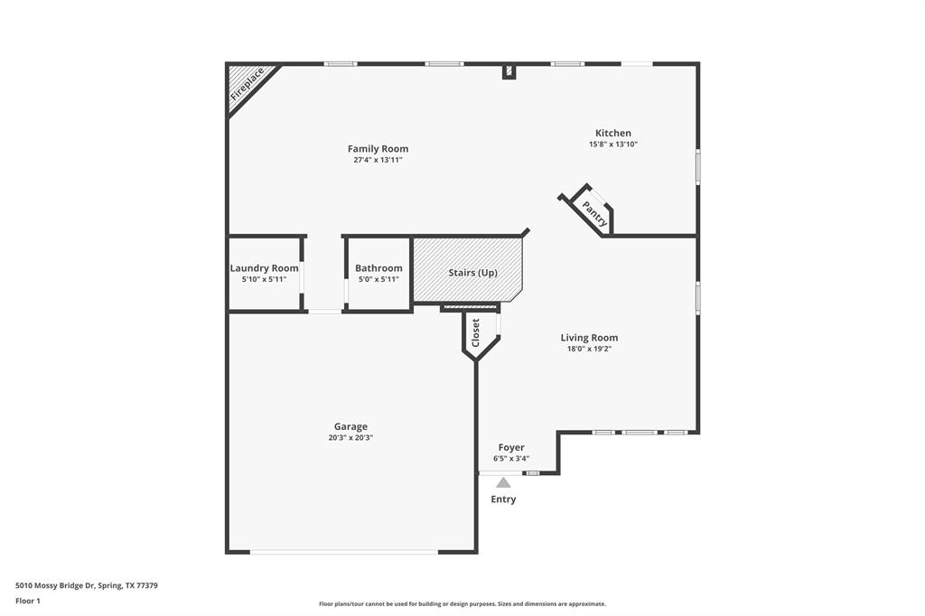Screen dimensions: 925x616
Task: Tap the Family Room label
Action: (378, 149)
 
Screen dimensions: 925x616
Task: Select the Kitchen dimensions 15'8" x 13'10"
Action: (613, 144)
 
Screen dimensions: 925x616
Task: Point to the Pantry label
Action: (594, 214)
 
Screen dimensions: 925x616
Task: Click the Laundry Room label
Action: (265, 268)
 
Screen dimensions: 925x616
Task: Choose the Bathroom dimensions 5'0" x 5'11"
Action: (378, 279)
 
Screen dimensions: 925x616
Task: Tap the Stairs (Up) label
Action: (473, 273)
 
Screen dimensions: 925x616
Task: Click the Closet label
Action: (475, 332)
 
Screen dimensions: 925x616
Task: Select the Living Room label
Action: (589, 338)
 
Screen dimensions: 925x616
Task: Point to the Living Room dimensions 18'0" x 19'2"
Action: (589, 349)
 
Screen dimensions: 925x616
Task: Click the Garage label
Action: (350, 426)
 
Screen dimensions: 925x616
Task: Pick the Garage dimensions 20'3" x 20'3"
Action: (350, 438)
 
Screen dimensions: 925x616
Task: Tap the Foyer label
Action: (511, 447)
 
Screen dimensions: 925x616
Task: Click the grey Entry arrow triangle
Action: (503, 482)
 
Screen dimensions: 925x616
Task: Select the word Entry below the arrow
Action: (503, 499)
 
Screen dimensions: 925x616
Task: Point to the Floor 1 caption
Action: (28, 602)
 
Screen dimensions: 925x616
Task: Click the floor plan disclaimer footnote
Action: (462, 604)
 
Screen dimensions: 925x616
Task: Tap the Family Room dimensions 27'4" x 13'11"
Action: (378, 160)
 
